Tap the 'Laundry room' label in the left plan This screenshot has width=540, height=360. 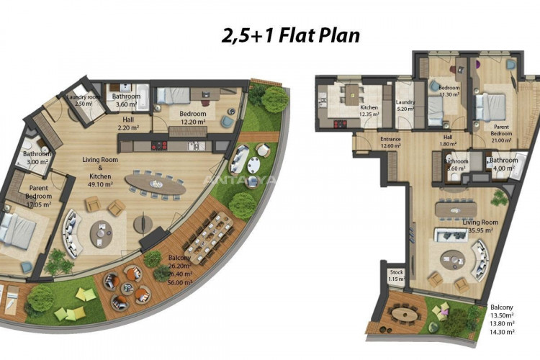tap(84, 98)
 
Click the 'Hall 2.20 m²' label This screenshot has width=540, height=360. tap(129, 124)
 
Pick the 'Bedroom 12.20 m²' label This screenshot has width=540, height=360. tap(192, 117)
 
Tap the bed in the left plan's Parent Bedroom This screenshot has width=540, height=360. tap(18, 229)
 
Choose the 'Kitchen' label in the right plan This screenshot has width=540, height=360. tap(348, 107)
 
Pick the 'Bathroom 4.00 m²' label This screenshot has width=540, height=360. tap(503, 164)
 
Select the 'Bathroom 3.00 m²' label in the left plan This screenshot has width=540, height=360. tap(36, 158)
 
